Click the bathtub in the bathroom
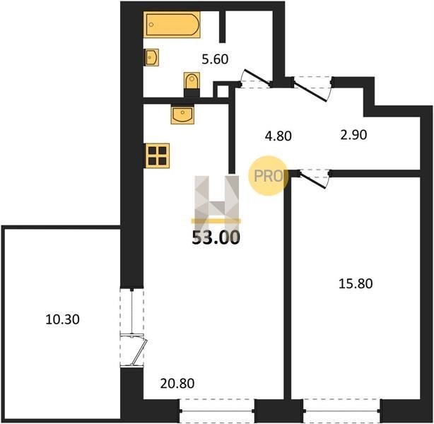[172, 24]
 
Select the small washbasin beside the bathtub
[151, 57]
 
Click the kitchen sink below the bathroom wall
[182, 114]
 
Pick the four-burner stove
[157, 155]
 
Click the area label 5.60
[215, 59]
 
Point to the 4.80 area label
[278, 136]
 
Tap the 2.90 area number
[353, 135]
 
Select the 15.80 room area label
[356, 283]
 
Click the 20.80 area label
[177, 383]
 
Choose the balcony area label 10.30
[62, 319]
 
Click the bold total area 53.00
[216, 237]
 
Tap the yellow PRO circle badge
[268, 176]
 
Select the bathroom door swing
[255, 78]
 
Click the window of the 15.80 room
[342, 411]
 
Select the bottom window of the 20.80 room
[218, 411]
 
